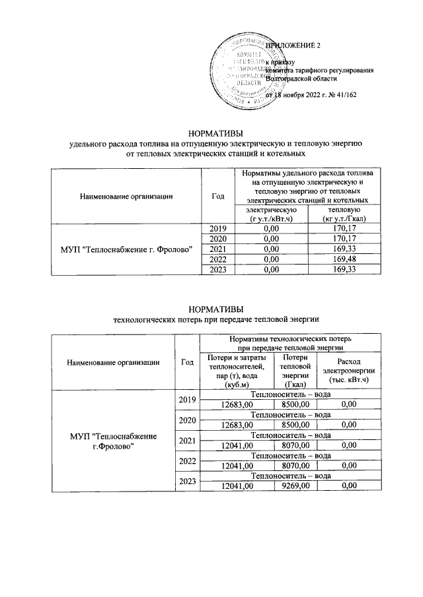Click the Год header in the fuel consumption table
217,195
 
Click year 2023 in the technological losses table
188,482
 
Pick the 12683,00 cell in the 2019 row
236,404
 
